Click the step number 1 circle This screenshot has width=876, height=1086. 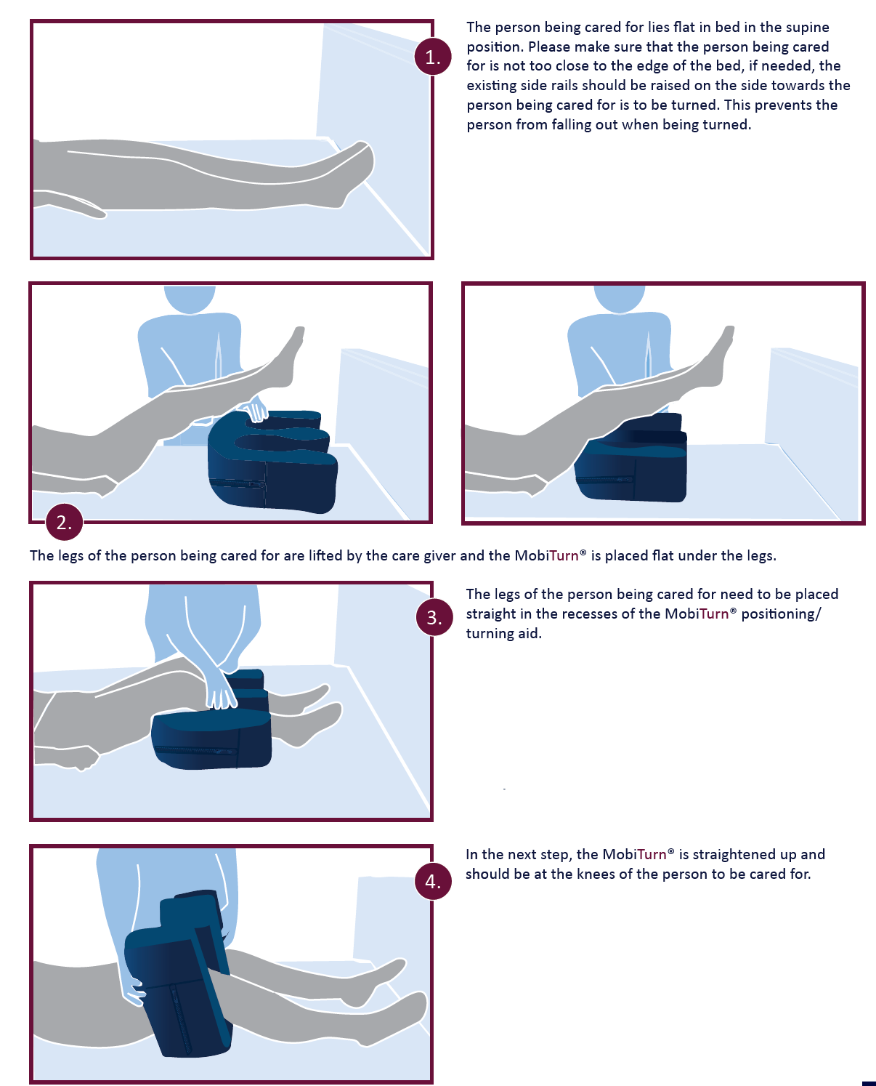pos(432,56)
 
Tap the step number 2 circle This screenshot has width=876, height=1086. pos(64,522)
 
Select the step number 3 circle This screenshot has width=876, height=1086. pos(434,617)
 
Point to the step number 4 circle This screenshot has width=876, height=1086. pos(433,881)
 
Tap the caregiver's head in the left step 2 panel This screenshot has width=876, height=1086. pos(190,299)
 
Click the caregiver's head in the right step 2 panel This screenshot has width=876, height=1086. pos(620,299)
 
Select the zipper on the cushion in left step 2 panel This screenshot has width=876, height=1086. pos(238,483)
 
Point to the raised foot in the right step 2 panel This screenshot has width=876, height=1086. pos(719,356)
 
